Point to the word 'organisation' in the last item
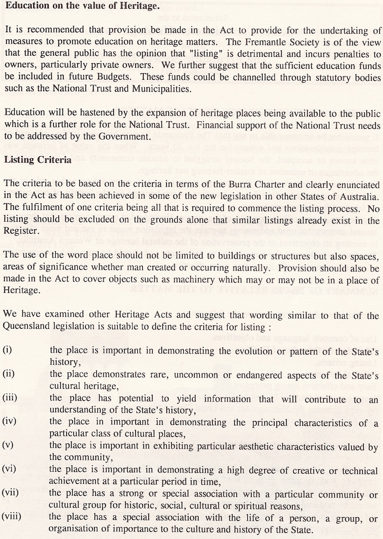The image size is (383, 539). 73,530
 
